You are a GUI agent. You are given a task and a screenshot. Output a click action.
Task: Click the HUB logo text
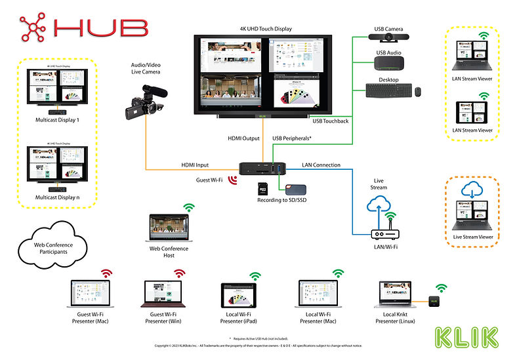tap(98, 27)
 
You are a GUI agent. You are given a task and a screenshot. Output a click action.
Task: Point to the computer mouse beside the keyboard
tap(417, 92)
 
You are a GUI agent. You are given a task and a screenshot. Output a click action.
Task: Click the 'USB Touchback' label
tap(331, 122)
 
